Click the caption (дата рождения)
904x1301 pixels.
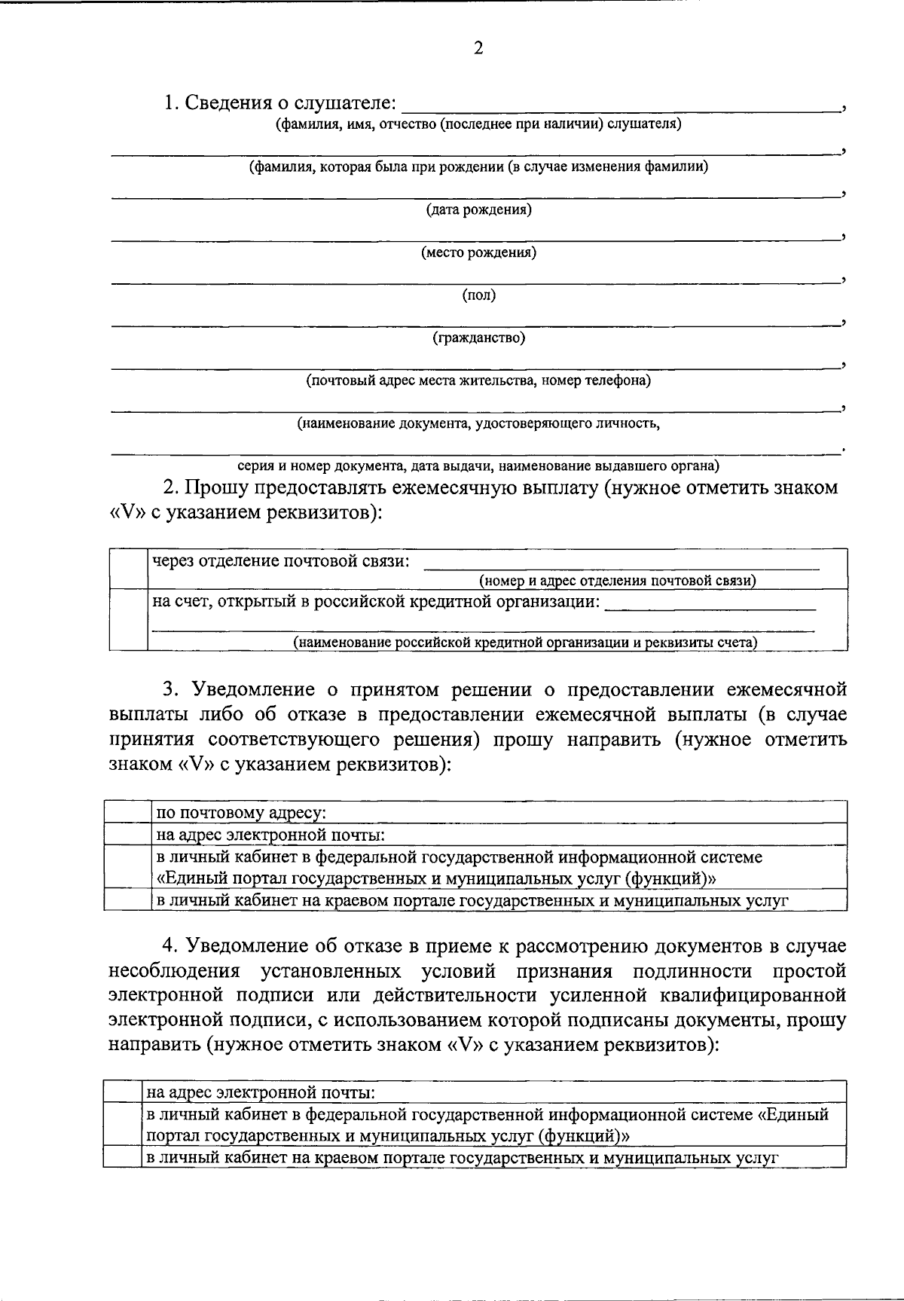pos(478,210)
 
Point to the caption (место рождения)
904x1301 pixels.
pos(478,253)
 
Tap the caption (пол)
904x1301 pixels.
pos(478,296)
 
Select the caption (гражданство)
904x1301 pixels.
pos(478,338)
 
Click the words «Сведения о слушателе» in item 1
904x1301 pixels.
pos(290,102)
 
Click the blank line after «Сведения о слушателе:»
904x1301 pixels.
pos(621,110)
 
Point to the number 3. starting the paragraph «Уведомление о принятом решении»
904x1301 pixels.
pos(172,689)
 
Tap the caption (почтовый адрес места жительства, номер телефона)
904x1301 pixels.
pos(478,381)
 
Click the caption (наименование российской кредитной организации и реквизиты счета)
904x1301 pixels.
pos(525,643)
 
